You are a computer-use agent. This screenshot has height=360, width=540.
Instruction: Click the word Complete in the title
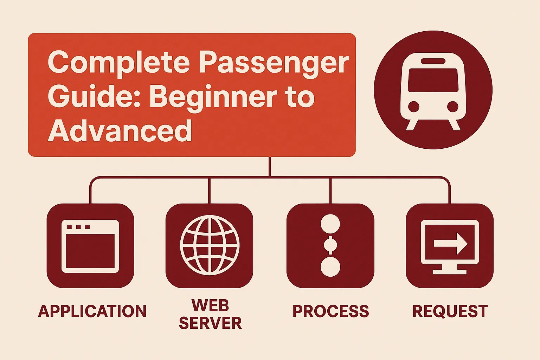point(119,62)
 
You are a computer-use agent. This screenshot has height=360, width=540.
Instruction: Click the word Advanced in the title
point(120,131)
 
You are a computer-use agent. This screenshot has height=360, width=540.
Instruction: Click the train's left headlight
point(413,106)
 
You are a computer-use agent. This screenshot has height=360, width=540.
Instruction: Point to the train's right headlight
point(452,106)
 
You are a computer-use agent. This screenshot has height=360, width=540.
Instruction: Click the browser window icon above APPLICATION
point(90,246)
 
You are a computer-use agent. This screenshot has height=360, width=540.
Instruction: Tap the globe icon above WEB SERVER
point(210,246)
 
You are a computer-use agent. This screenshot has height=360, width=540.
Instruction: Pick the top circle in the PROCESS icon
point(330,224)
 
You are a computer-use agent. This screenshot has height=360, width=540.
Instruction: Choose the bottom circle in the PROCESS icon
point(330,266)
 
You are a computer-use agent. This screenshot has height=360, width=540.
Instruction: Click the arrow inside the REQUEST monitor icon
point(450,244)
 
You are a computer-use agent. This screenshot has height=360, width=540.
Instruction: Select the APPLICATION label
point(92,311)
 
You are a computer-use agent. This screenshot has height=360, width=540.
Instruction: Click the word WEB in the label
point(210,305)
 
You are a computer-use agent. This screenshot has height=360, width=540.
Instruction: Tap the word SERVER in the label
point(210,323)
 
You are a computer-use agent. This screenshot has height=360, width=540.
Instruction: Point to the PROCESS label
point(330,311)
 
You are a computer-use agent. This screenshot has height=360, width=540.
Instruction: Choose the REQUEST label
point(450,311)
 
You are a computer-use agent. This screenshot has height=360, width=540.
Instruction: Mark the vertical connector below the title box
point(270,167)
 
